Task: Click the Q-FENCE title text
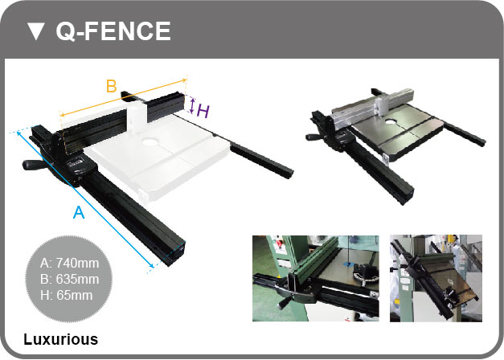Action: [x=113, y=31]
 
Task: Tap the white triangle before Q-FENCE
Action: [x=35, y=31]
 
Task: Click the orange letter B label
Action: [x=111, y=86]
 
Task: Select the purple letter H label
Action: [x=203, y=111]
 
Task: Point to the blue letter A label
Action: [x=79, y=212]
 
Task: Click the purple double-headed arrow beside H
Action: [x=192, y=106]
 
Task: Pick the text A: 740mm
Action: [x=69, y=264]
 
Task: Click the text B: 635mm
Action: [x=69, y=279]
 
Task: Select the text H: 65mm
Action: [x=66, y=295]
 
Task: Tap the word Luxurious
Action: [x=61, y=339]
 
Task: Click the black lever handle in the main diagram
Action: [x=32, y=165]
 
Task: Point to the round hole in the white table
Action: [x=149, y=141]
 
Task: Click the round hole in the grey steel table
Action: [x=391, y=122]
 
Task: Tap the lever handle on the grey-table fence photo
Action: [x=315, y=137]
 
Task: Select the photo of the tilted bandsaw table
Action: [x=436, y=278]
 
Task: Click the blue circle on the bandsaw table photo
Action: [x=349, y=264]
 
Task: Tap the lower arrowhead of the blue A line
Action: [x=151, y=265]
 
